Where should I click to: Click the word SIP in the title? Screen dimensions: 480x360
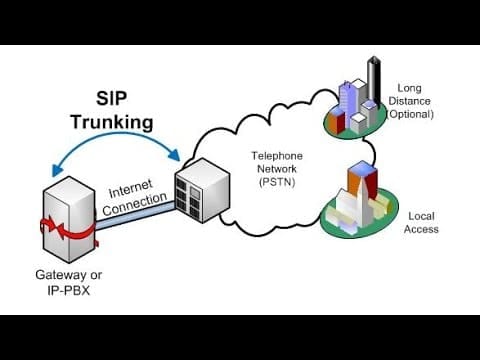tap(111, 99)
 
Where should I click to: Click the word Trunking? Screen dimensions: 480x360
tap(112, 122)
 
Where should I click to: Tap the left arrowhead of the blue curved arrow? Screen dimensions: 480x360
tap(57, 170)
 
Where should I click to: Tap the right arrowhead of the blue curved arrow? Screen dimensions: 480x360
tap(174, 154)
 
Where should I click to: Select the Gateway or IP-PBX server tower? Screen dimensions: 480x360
tap(69, 219)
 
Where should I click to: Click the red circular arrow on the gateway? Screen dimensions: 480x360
tap(68, 229)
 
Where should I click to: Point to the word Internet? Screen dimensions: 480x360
tap(131, 189)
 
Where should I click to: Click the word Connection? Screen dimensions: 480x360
tap(135, 204)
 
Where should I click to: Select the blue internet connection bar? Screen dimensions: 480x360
tap(135, 216)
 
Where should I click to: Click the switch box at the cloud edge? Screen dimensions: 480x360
tap(202, 190)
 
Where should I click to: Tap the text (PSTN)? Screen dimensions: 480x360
tap(277, 182)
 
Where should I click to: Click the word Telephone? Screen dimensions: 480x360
tap(277, 156)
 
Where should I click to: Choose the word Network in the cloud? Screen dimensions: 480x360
tap(277, 169)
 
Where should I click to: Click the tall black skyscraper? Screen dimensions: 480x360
tap(374, 81)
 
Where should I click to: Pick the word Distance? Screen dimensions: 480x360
tap(409, 101)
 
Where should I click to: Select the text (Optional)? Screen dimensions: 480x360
tap(410, 114)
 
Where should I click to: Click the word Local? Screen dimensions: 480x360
tap(421, 216)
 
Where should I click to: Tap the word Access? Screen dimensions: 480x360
tap(421, 229)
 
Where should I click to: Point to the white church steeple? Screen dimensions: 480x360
tap(363, 200)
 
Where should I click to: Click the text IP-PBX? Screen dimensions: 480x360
tap(69, 291)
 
